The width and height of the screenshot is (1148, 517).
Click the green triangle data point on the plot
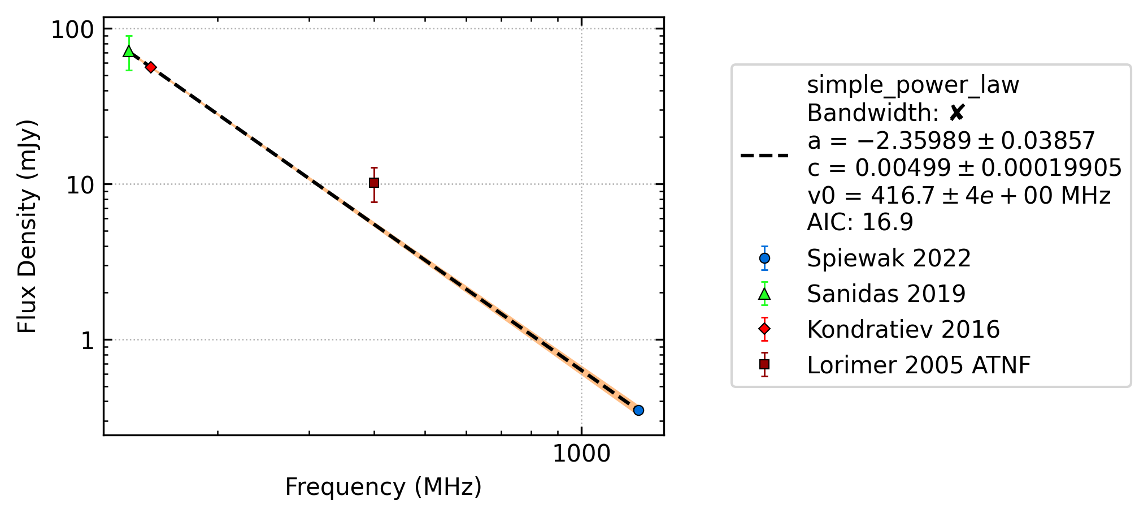[x=129, y=51]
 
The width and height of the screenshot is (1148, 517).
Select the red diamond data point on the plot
[x=151, y=67]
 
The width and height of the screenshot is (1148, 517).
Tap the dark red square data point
[x=374, y=183]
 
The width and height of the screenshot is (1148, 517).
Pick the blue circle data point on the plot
[x=638, y=410]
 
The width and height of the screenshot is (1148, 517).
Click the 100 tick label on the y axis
[x=73, y=29]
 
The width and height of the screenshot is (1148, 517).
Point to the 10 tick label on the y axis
[x=81, y=185]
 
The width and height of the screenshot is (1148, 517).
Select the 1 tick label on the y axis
[x=88, y=341]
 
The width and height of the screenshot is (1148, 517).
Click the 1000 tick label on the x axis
[x=581, y=454]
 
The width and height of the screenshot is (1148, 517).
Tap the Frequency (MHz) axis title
[x=383, y=487]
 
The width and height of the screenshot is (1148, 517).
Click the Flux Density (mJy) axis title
[x=27, y=226]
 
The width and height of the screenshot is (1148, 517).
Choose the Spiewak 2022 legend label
[x=889, y=258]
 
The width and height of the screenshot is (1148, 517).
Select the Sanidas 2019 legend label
[x=886, y=294]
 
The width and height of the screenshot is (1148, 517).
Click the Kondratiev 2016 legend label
[x=903, y=330]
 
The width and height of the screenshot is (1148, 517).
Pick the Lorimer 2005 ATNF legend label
[x=919, y=365]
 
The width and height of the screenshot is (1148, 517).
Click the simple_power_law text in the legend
[x=913, y=85]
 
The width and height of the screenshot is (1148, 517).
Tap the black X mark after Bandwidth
[x=956, y=113]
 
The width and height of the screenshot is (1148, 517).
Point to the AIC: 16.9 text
[x=860, y=222]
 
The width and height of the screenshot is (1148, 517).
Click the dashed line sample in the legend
[x=764, y=155]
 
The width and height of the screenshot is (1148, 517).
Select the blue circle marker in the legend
[x=764, y=258]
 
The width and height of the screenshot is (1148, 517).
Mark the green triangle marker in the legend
[x=764, y=294]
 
